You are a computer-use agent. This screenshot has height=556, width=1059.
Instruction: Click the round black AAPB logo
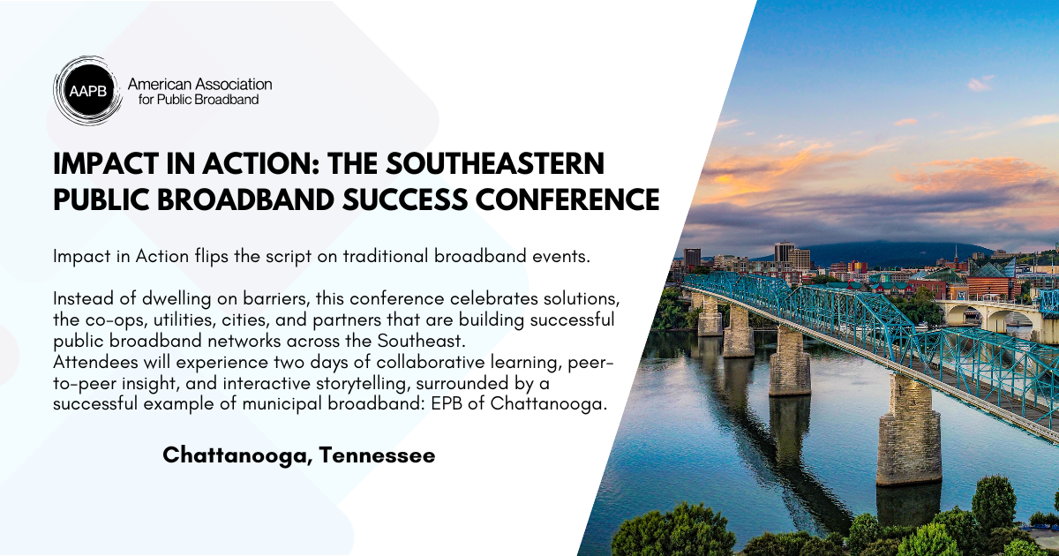[87, 91]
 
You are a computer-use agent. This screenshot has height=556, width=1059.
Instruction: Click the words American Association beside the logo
[199, 85]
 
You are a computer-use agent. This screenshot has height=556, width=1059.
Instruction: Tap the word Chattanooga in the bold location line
[237, 455]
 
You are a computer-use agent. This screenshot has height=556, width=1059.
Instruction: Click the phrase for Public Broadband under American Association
[199, 100]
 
